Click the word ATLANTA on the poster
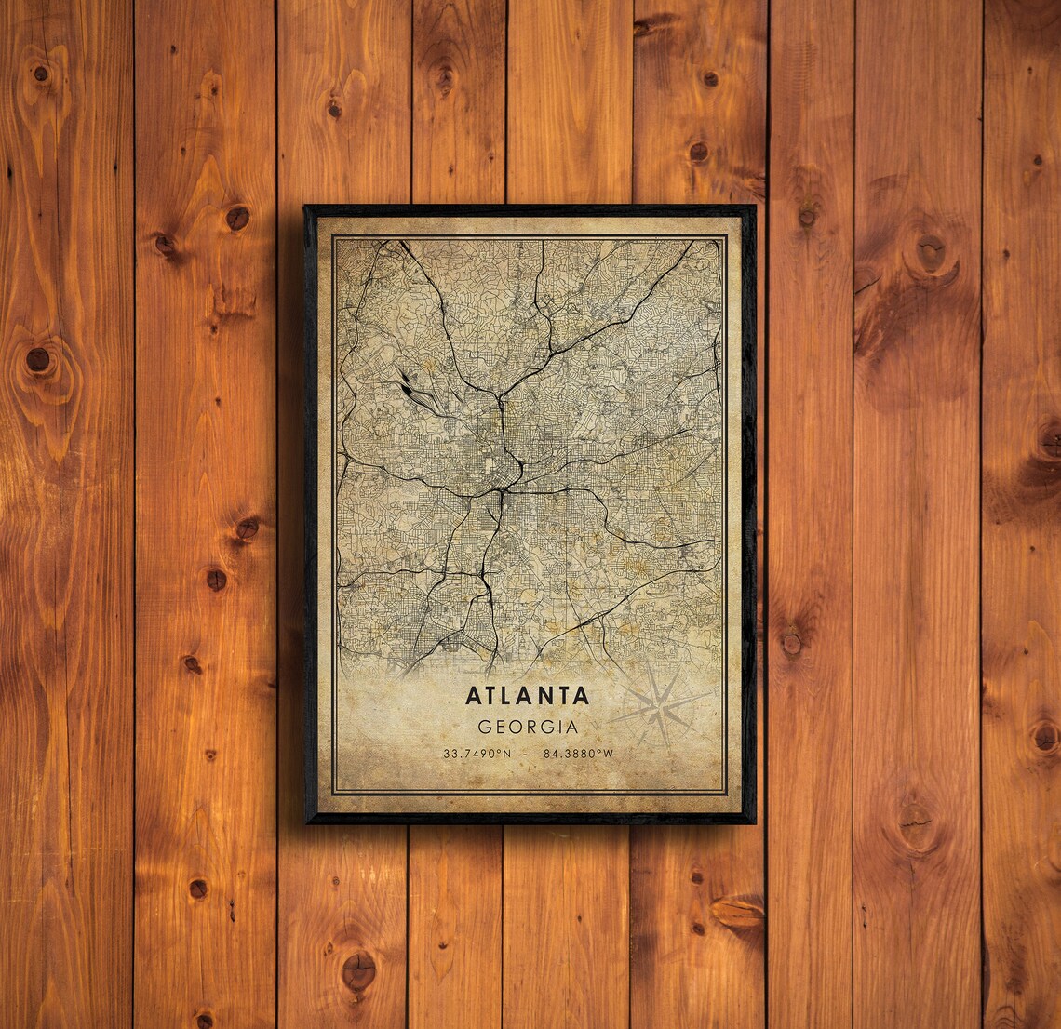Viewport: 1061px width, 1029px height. pos(528,695)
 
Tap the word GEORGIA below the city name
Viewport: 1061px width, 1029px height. pos(528,727)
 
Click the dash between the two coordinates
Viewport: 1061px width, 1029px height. pos(528,753)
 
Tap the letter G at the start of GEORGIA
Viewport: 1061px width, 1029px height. pos(483,727)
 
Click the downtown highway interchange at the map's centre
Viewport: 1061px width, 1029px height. pos(504,484)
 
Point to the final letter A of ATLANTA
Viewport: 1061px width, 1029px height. pos(581,695)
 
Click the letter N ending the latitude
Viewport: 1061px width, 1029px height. pos(509,753)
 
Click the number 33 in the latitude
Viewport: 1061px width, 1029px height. pos(450,753)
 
